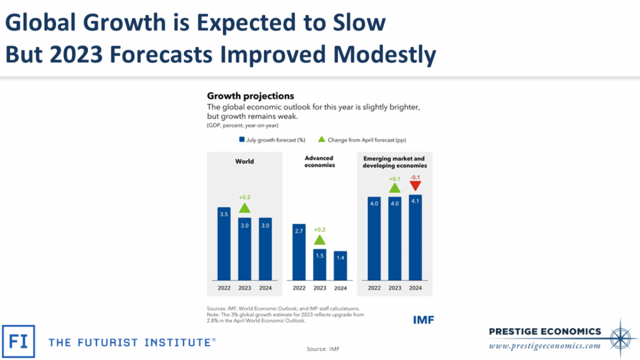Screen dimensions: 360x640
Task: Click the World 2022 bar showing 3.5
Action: (x=224, y=243)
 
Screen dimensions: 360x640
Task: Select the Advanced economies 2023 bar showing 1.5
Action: (x=319, y=264)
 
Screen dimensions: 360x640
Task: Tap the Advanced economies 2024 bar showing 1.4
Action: (x=340, y=265)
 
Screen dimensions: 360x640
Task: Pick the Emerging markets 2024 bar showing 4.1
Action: (x=415, y=237)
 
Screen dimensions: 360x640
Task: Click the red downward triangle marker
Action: (x=415, y=186)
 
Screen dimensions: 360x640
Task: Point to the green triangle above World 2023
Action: (x=245, y=208)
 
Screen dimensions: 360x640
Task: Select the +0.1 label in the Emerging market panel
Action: (x=394, y=179)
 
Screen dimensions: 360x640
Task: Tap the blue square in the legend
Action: (x=242, y=140)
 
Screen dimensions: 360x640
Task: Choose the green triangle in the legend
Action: (x=321, y=140)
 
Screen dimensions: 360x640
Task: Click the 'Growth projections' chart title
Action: (x=250, y=97)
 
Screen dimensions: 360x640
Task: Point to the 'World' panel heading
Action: (x=244, y=161)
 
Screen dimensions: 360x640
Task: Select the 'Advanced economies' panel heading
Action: (x=319, y=162)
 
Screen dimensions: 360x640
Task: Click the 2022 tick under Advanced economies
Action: (x=299, y=288)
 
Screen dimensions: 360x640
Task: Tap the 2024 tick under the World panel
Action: (x=265, y=288)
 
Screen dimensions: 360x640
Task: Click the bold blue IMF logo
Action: (x=423, y=320)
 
